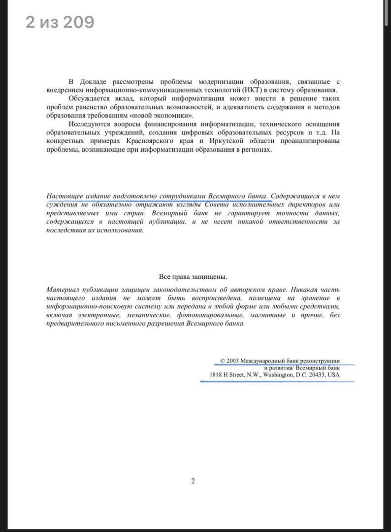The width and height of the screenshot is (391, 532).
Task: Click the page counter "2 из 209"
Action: (x=60, y=22)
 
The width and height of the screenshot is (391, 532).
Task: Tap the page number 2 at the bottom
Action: (x=193, y=481)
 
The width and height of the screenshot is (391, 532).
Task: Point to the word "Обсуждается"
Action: (x=90, y=99)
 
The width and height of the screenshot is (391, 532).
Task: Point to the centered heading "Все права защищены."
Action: (x=193, y=277)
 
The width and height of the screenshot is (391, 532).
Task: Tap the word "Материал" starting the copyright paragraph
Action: (x=62, y=290)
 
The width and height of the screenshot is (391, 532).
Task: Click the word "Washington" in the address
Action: (x=278, y=374)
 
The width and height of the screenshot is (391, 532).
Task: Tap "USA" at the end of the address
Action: (x=333, y=374)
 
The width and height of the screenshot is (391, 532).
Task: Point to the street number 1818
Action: (x=215, y=374)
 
